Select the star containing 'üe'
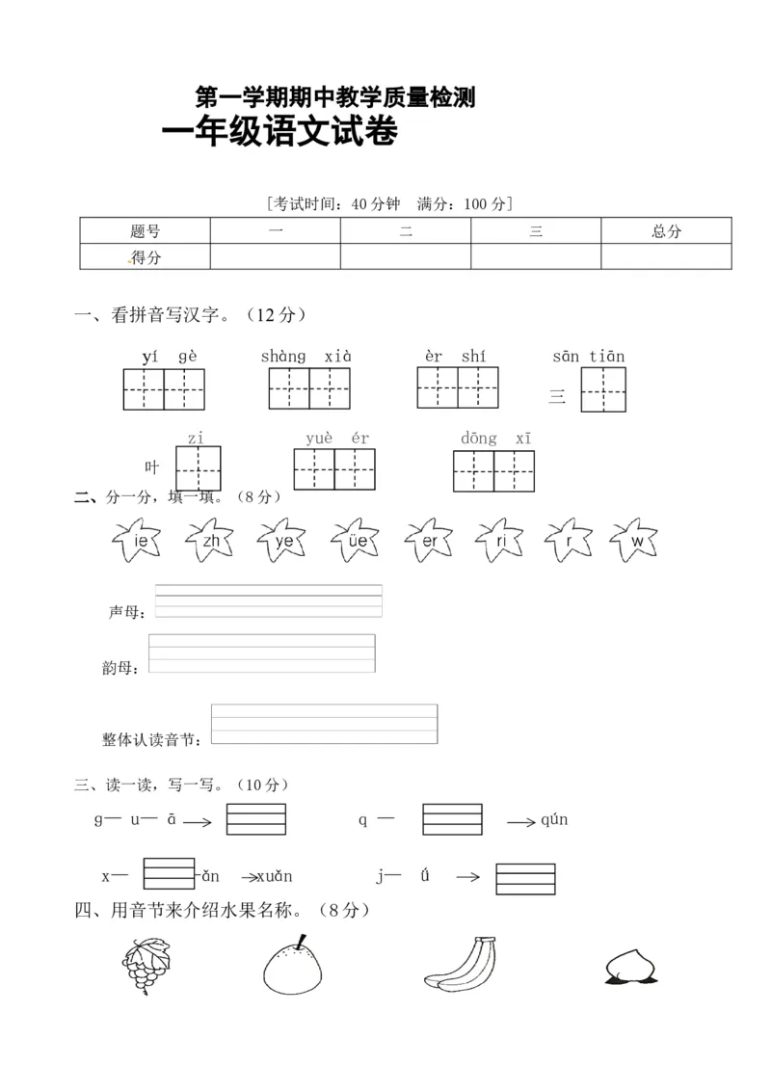[x=357, y=541]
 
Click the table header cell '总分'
[x=666, y=231]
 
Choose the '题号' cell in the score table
[x=145, y=231]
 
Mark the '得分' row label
[x=145, y=257]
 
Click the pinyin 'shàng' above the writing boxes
[x=282, y=357]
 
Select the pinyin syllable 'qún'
[x=554, y=820]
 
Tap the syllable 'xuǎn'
[x=274, y=876]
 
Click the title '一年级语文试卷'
[x=279, y=133]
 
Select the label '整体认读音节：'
[x=152, y=739]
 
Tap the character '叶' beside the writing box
[x=151, y=467]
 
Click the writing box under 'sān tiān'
[x=603, y=389]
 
